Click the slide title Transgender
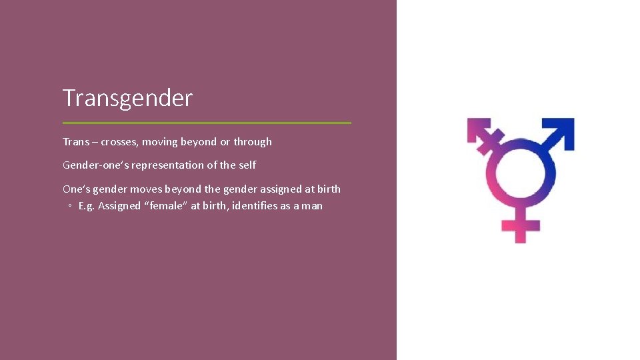pos(127,98)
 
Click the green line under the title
pos(207,123)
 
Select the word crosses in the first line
pos(119,141)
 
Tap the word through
pos(253,141)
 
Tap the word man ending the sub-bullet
pos(312,205)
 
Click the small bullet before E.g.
pos(70,206)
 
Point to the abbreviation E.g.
pos(87,205)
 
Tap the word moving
pos(159,141)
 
